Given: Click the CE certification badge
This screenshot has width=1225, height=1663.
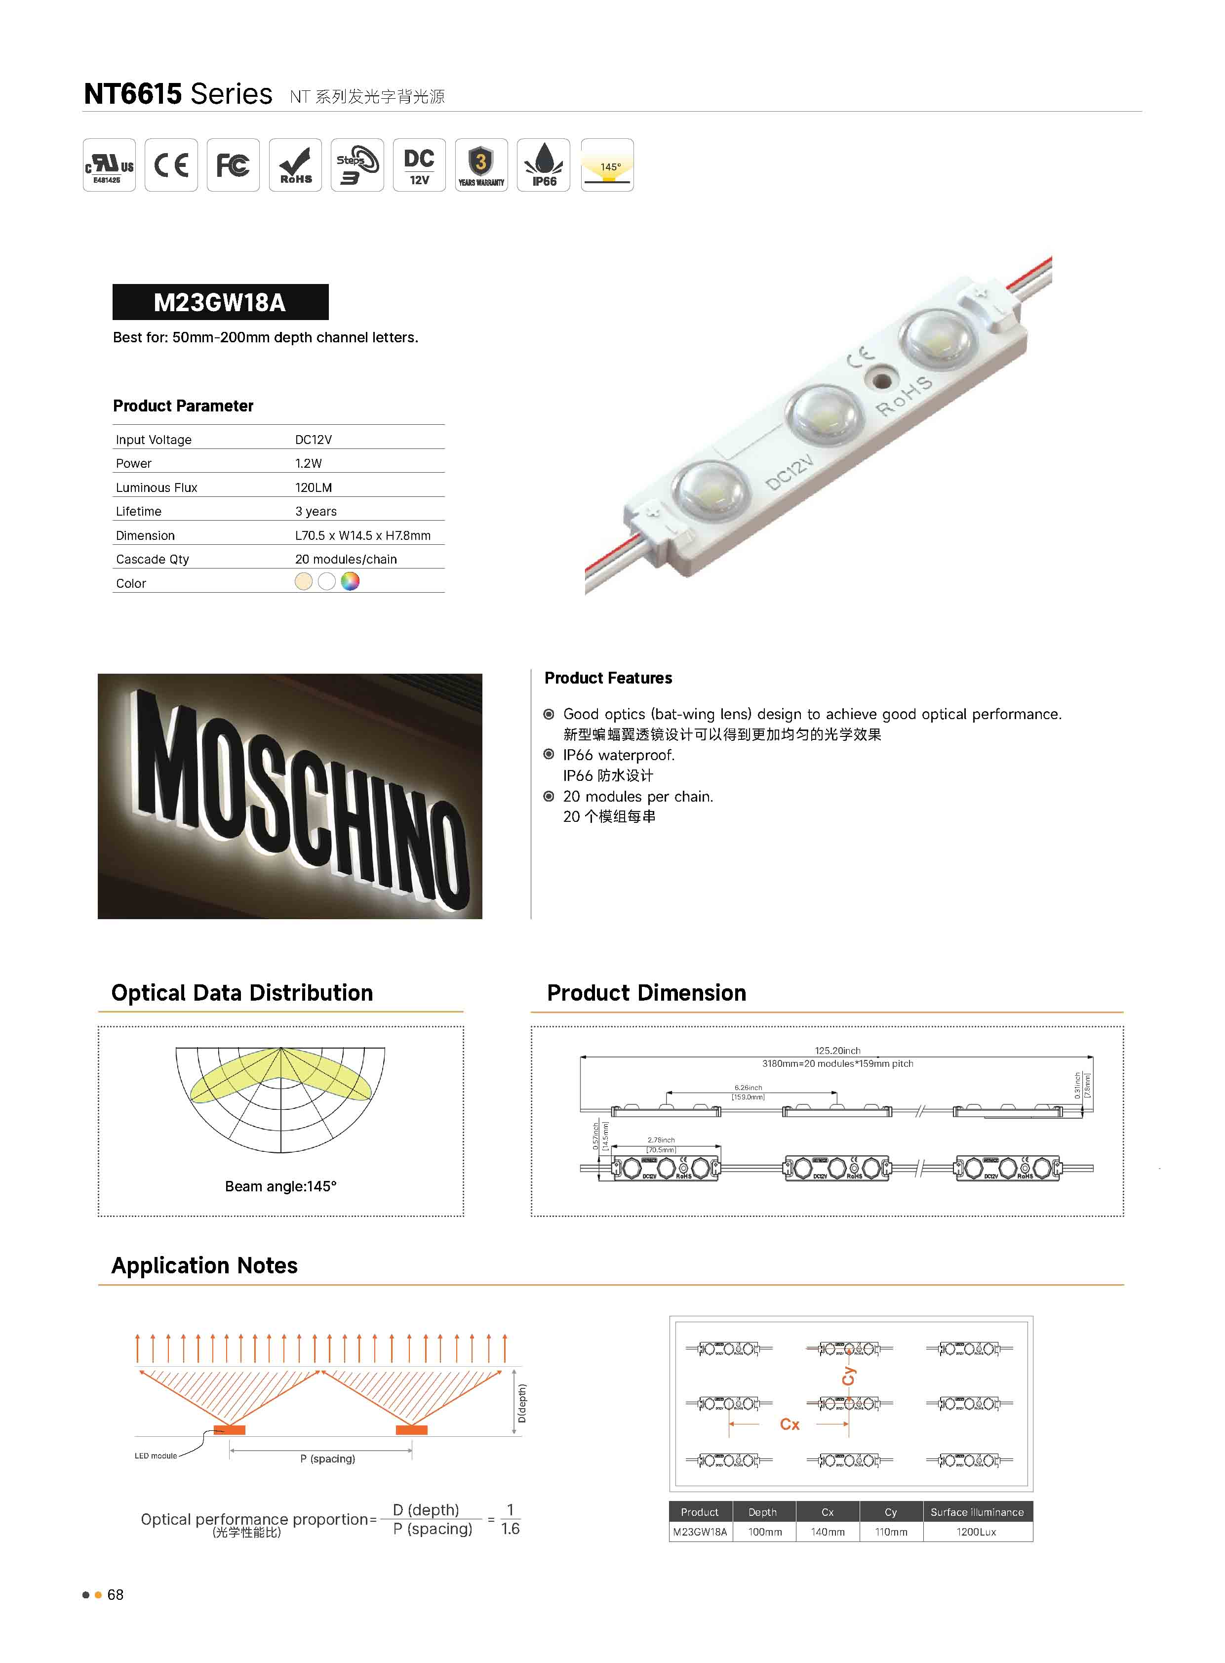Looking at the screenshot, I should [x=171, y=164].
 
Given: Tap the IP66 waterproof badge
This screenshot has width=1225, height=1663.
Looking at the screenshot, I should [x=544, y=164].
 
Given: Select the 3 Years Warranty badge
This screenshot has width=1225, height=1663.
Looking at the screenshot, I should [x=481, y=164].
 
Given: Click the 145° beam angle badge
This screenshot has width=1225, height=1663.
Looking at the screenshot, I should [x=607, y=164].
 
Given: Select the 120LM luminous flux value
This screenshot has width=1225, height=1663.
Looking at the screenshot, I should [x=314, y=487].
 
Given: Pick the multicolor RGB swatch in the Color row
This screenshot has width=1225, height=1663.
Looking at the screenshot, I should [x=350, y=581].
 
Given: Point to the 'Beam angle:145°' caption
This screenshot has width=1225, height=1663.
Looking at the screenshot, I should [x=280, y=1186].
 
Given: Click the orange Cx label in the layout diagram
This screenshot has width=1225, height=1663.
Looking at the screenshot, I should [x=790, y=1424].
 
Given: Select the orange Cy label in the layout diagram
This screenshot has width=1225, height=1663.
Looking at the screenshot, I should [x=849, y=1376].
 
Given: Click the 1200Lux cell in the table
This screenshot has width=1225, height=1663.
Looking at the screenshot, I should [x=977, y=1532].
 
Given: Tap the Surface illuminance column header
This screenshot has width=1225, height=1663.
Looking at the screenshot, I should [x=977, y=1512].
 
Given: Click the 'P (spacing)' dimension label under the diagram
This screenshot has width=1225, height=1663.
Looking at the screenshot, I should [x=328, y=1459].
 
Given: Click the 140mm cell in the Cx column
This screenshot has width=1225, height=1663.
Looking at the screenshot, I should [x=828, y=1532].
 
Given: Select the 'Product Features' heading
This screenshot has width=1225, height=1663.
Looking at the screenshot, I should [x=608, y=678].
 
